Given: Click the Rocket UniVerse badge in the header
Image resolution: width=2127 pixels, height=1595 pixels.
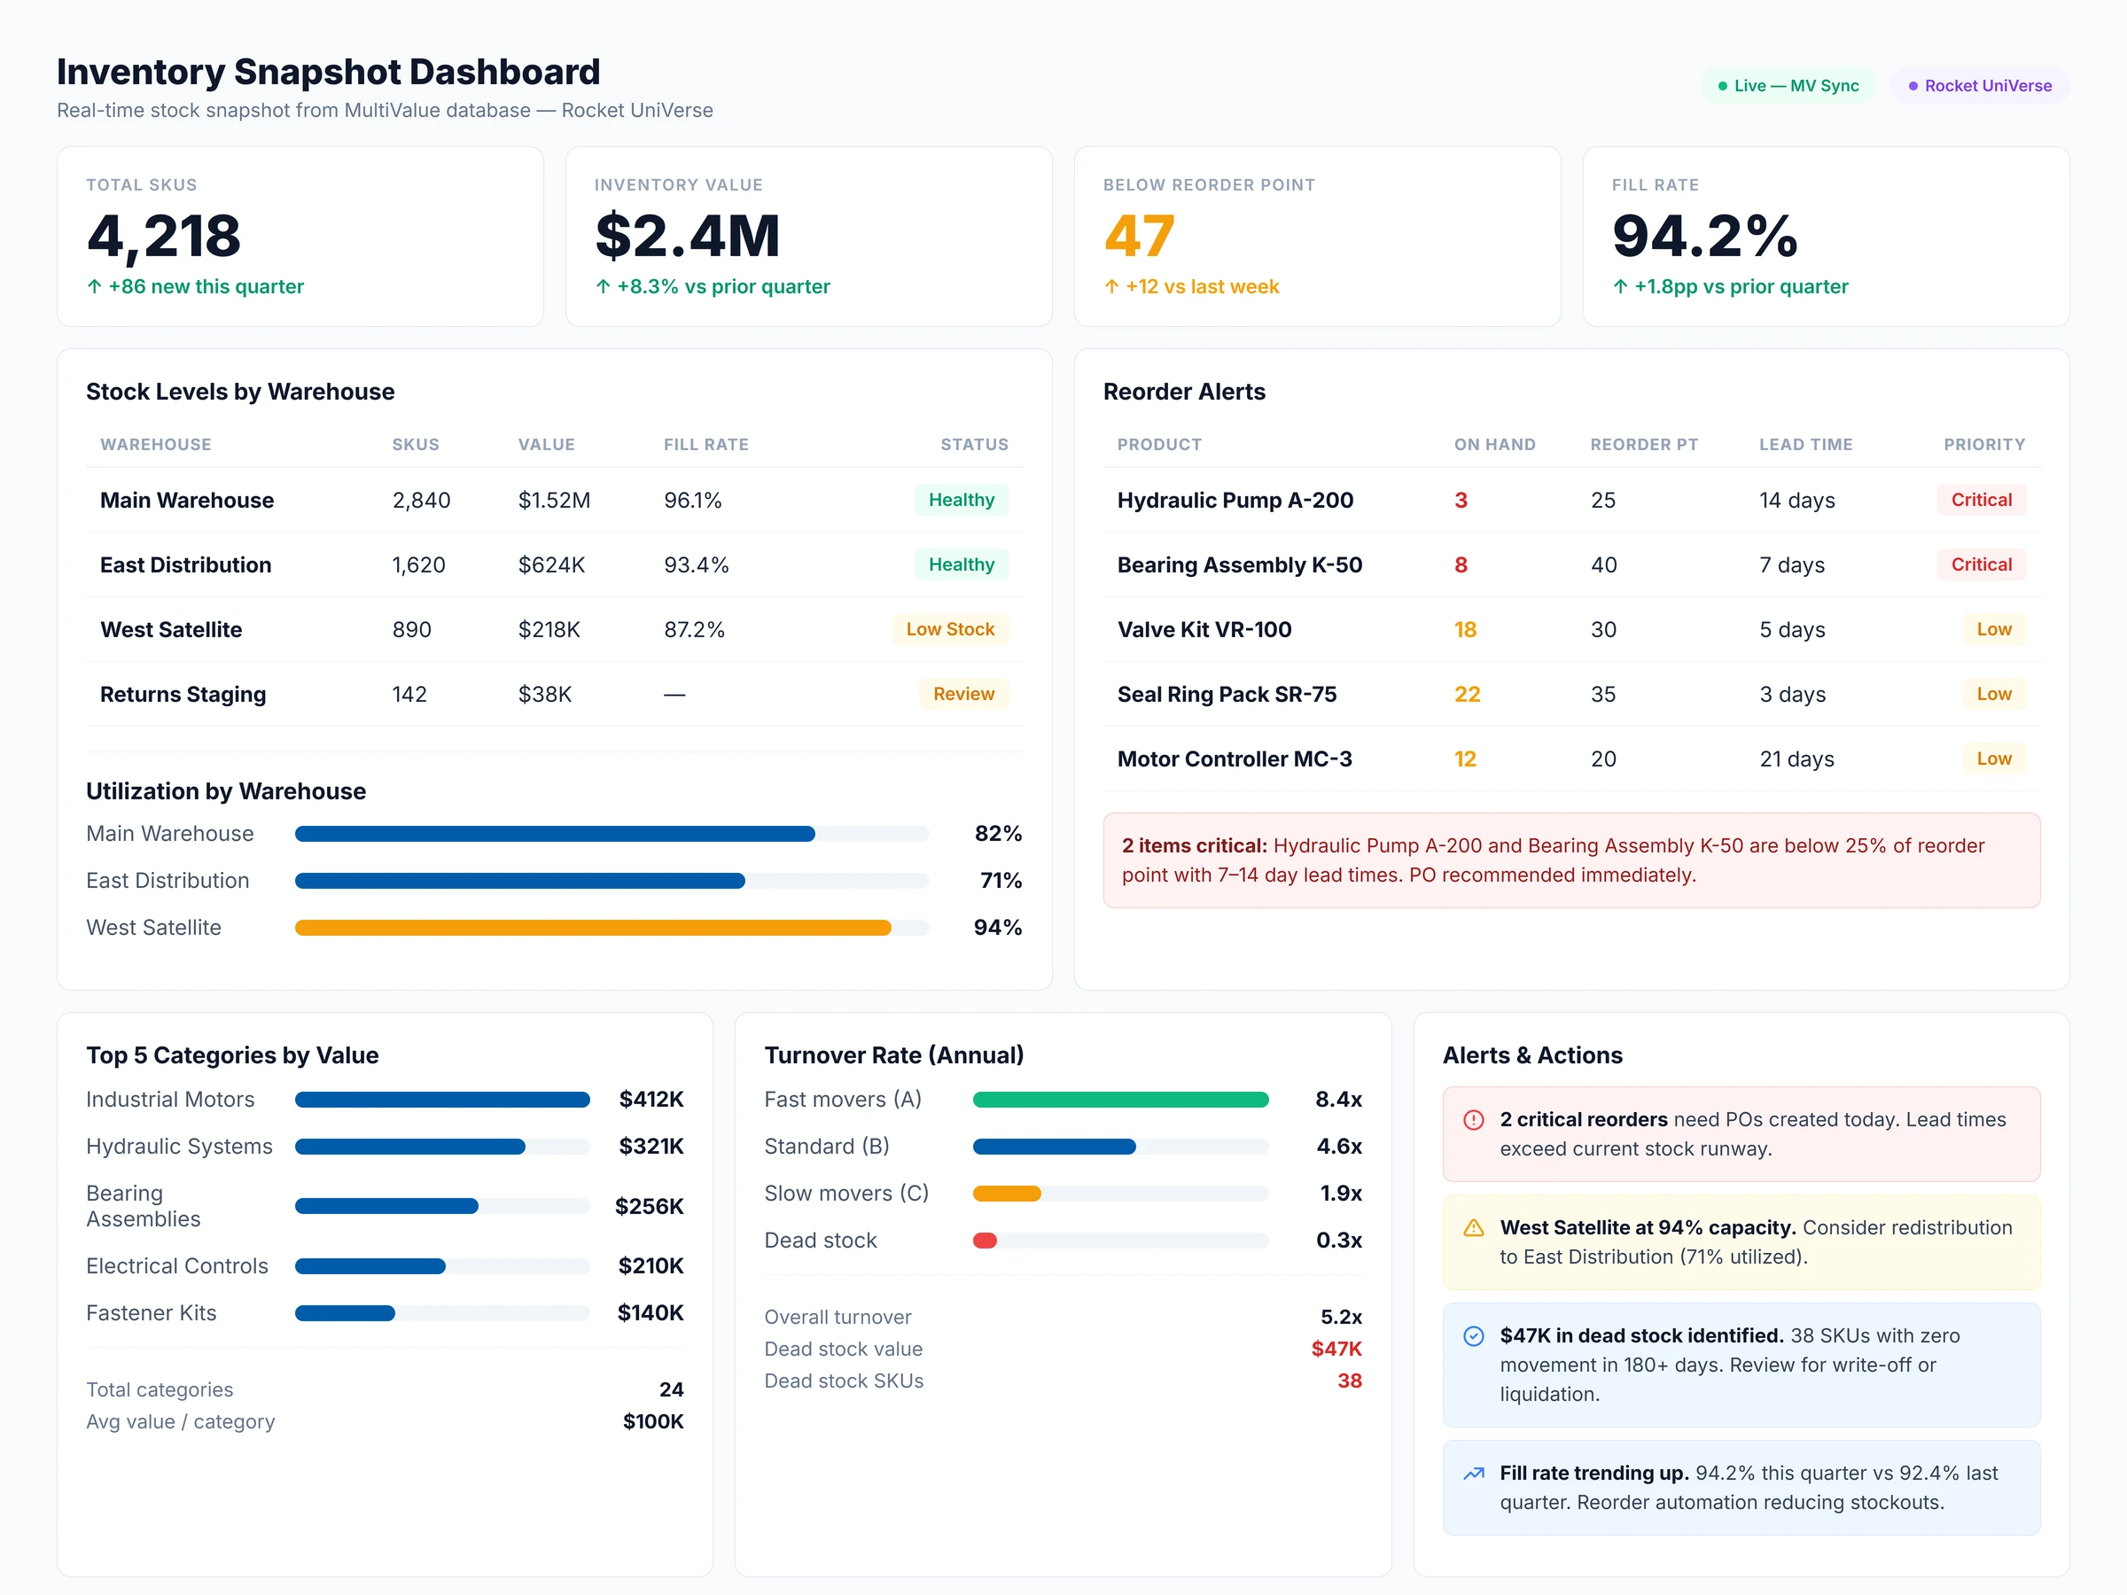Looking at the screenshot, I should [1980, 86].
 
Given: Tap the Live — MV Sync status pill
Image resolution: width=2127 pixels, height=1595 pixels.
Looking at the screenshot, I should [1788, 86].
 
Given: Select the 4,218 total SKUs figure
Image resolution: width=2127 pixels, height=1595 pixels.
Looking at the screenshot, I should [163, 236].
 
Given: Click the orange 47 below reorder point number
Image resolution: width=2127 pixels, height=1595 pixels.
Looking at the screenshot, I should [1139, 236].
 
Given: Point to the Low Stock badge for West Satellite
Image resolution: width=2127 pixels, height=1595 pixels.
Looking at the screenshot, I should [949, 629].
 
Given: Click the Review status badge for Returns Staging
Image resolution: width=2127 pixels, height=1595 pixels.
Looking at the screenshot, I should [962, 693].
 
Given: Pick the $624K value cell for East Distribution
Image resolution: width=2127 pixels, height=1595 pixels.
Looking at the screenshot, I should [551, 564].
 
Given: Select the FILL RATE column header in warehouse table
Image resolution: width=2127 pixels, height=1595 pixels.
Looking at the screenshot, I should [705, 444].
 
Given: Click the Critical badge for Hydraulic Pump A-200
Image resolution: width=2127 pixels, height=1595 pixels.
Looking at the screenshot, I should [1980, 499].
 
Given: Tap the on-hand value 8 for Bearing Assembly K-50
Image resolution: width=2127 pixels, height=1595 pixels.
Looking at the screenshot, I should [1460, 564].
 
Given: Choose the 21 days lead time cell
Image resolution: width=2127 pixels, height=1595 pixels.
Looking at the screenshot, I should [1796, 759].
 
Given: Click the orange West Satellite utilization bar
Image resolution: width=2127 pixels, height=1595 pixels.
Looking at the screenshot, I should [592, 928].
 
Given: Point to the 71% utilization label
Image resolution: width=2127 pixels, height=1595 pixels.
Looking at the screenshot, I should [999, 880].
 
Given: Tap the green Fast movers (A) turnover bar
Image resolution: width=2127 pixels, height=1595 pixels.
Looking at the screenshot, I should [1119, 1099].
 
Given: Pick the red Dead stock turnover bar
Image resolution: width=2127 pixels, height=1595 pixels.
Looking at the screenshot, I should [985, 1241].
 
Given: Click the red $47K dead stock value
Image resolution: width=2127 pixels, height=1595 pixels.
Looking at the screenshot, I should [1336, 1349].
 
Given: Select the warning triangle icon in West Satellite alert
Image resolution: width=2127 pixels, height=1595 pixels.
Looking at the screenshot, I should [1472, 1228].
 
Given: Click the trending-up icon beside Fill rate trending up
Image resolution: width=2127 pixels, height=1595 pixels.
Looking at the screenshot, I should [1472, 1473].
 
